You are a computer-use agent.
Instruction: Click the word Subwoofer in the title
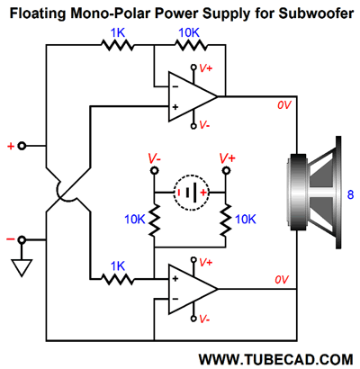316,13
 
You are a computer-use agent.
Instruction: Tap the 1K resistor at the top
118,45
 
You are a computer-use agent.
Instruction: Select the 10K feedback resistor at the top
191,45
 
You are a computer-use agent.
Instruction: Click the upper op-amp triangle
193,96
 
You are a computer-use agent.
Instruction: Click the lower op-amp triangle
193,289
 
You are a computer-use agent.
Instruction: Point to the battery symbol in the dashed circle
191,193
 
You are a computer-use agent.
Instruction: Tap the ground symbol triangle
22,267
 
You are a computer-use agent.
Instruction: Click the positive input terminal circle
22,146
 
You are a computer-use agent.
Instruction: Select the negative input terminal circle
22,240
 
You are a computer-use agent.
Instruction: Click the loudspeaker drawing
313,193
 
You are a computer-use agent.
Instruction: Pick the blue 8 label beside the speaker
350,195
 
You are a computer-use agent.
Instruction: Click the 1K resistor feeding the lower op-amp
118,279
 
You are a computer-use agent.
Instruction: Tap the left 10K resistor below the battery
154,220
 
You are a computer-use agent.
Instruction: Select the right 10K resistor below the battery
226,220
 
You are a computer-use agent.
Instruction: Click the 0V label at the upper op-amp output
283,105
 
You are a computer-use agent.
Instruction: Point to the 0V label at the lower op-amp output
282,280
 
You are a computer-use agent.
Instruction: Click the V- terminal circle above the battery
154,171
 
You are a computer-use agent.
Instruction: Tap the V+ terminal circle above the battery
226,171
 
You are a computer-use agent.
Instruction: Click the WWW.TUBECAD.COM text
275,359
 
